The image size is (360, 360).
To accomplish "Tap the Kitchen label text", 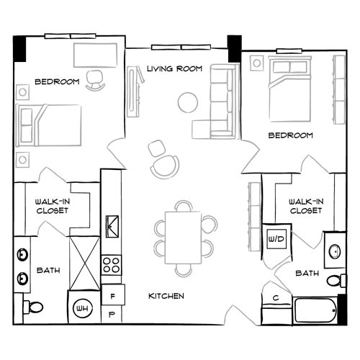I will click(166, 296).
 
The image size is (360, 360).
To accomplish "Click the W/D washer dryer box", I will click(276, 238).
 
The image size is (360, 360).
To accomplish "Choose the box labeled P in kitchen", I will click(113, 315).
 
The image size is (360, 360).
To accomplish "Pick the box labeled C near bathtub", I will click(275, 298).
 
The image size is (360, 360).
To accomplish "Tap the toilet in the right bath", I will click(333, 280).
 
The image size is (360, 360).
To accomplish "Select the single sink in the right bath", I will click(334, 251).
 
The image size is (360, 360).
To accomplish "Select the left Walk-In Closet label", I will click(51, 207).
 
